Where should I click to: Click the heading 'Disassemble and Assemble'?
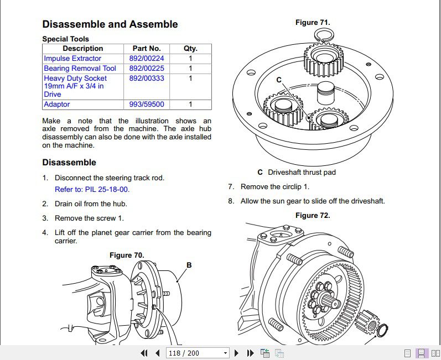(110, 24)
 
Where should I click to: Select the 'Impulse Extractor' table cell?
(72, 59)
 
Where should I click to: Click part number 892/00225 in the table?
(147, 69)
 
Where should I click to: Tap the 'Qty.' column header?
(190, 49)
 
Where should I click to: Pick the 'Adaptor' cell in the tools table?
(57, 105)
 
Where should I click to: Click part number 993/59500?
(147, 105)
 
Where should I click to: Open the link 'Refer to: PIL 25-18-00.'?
(92, 189)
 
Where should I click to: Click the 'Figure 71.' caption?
(313, 23)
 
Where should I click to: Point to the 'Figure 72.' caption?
(313, 216)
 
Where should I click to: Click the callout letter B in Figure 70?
(189, 265)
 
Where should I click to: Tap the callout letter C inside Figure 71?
(279, 80)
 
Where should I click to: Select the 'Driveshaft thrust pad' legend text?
(302, 173)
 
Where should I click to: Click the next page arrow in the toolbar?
(237, 353)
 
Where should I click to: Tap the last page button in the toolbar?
(250, 353)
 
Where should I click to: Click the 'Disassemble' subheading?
(69, 163)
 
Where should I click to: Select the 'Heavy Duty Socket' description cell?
(75, 86)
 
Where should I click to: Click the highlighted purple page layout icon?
(421, 353)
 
